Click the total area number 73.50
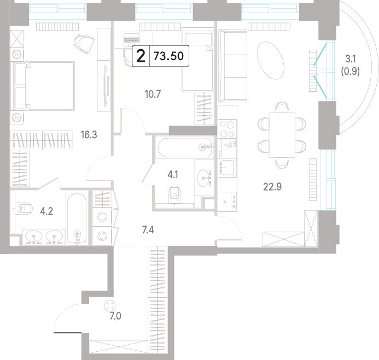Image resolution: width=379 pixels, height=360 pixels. click(x=168, y=56)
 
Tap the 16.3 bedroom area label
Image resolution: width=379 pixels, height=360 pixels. click(x=89, y=135)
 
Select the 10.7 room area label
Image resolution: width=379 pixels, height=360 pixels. click(x=153, y=94)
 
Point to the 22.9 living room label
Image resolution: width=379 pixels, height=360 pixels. click(x=272, y=187)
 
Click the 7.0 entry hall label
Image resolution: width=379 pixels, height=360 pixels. click(x=115, y=316)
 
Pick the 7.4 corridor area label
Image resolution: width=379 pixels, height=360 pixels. click(x=148, y=230)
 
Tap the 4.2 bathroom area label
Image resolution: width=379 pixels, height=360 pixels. click(x=46, y=211)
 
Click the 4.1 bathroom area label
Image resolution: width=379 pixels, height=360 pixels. click(x=173, y=175)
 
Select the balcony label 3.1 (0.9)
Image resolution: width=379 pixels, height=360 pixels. click(x=350, y=65)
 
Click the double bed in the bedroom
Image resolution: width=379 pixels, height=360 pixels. click(x=44, y=86)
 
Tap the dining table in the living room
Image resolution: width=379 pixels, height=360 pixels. click(x=282, y=135)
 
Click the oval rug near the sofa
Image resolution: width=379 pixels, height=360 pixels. click(x=271, y=60)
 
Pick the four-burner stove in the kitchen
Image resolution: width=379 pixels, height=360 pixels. click(x=227, y=129)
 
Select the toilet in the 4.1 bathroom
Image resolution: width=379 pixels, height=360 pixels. click(x=175, y=193)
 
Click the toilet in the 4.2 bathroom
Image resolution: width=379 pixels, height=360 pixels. click(x=24, y=208)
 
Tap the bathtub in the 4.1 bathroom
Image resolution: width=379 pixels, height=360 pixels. click(x=185, y=147)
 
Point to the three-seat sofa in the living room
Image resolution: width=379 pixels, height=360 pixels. click(x=233, y=66)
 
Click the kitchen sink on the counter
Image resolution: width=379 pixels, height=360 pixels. click(x=227, y=167)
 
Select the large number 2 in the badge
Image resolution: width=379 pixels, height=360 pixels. click(x=141, y=56)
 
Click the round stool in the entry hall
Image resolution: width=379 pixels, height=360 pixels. click(x=109, y=306)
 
